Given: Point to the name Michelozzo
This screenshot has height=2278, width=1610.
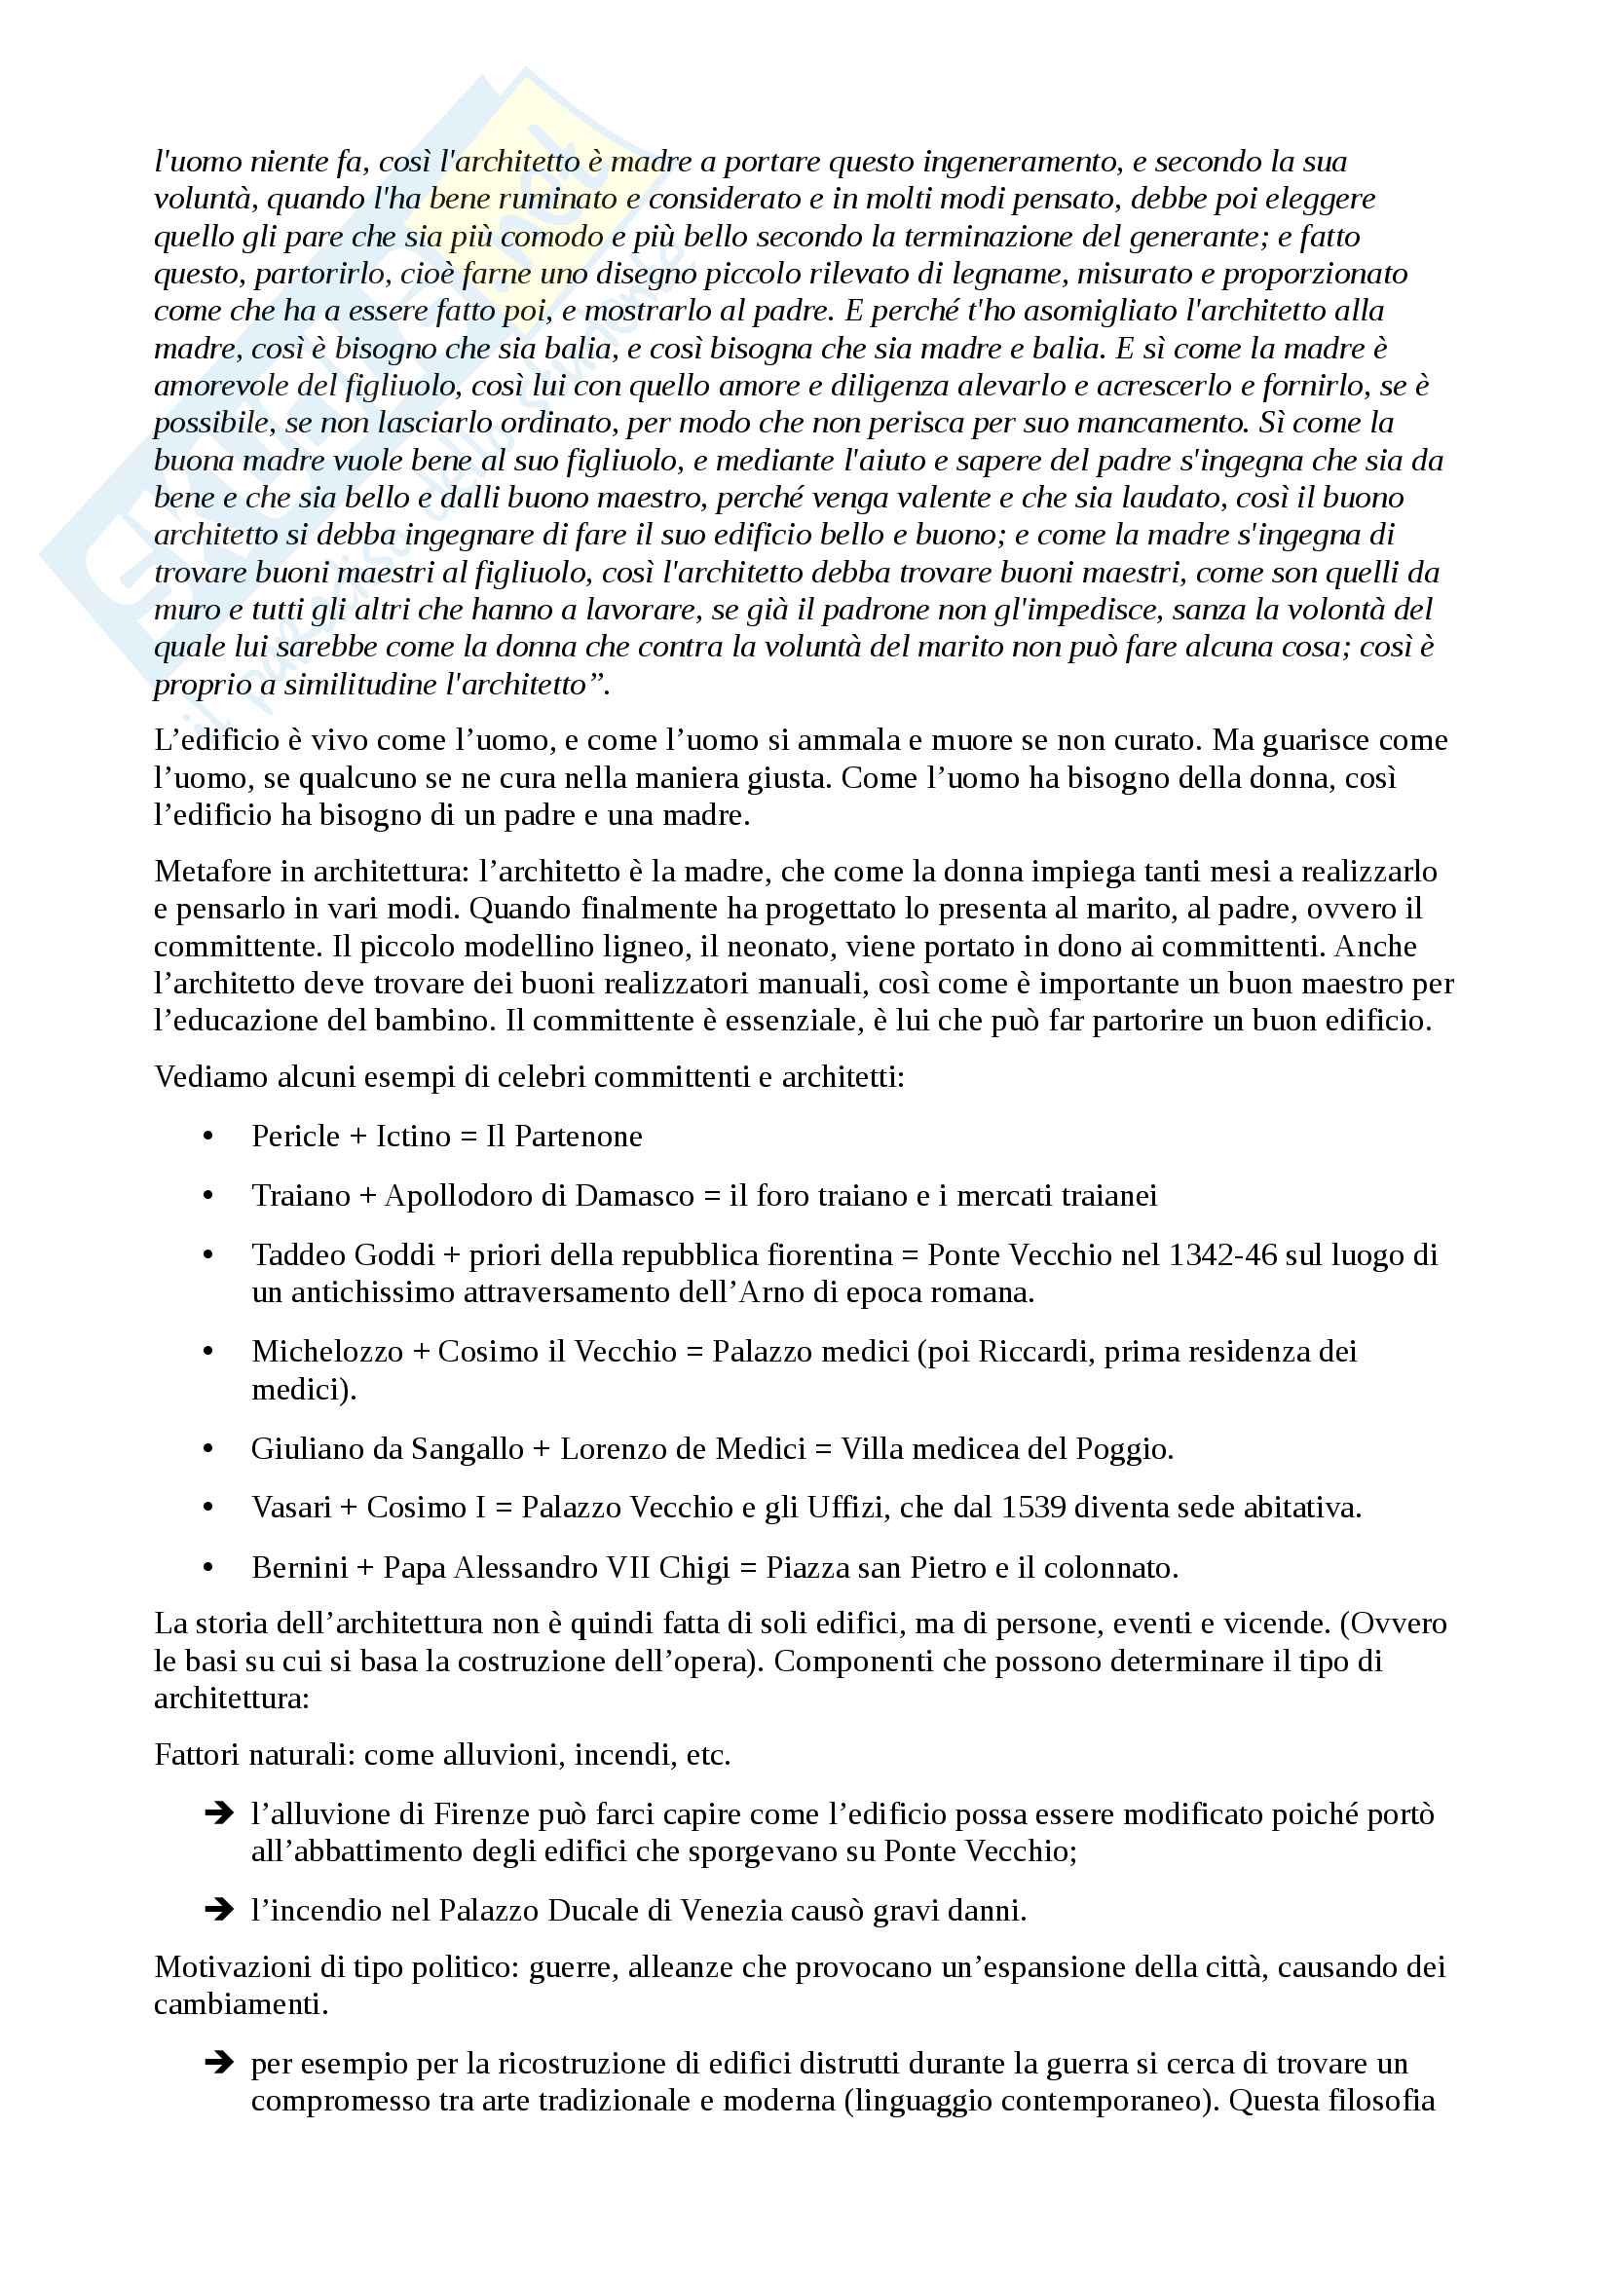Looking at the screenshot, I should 326,1352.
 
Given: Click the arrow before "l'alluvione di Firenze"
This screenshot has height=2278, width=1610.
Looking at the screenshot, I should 218,1813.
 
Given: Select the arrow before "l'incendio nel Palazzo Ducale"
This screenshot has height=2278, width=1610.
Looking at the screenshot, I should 218,1910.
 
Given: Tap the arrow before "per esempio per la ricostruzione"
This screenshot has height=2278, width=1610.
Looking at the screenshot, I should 218,2064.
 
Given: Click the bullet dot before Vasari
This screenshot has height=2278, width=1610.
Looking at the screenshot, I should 208,1508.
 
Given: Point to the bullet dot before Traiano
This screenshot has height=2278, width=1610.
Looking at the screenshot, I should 208,1196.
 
